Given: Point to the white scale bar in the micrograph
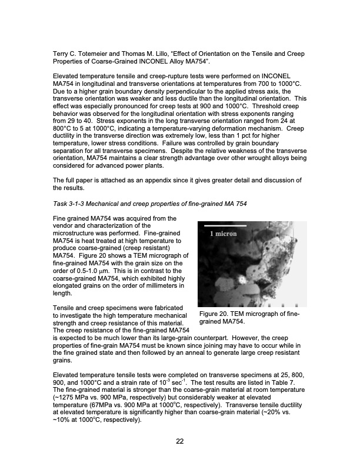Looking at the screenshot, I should pyautogui.click(x=225, y=225).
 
